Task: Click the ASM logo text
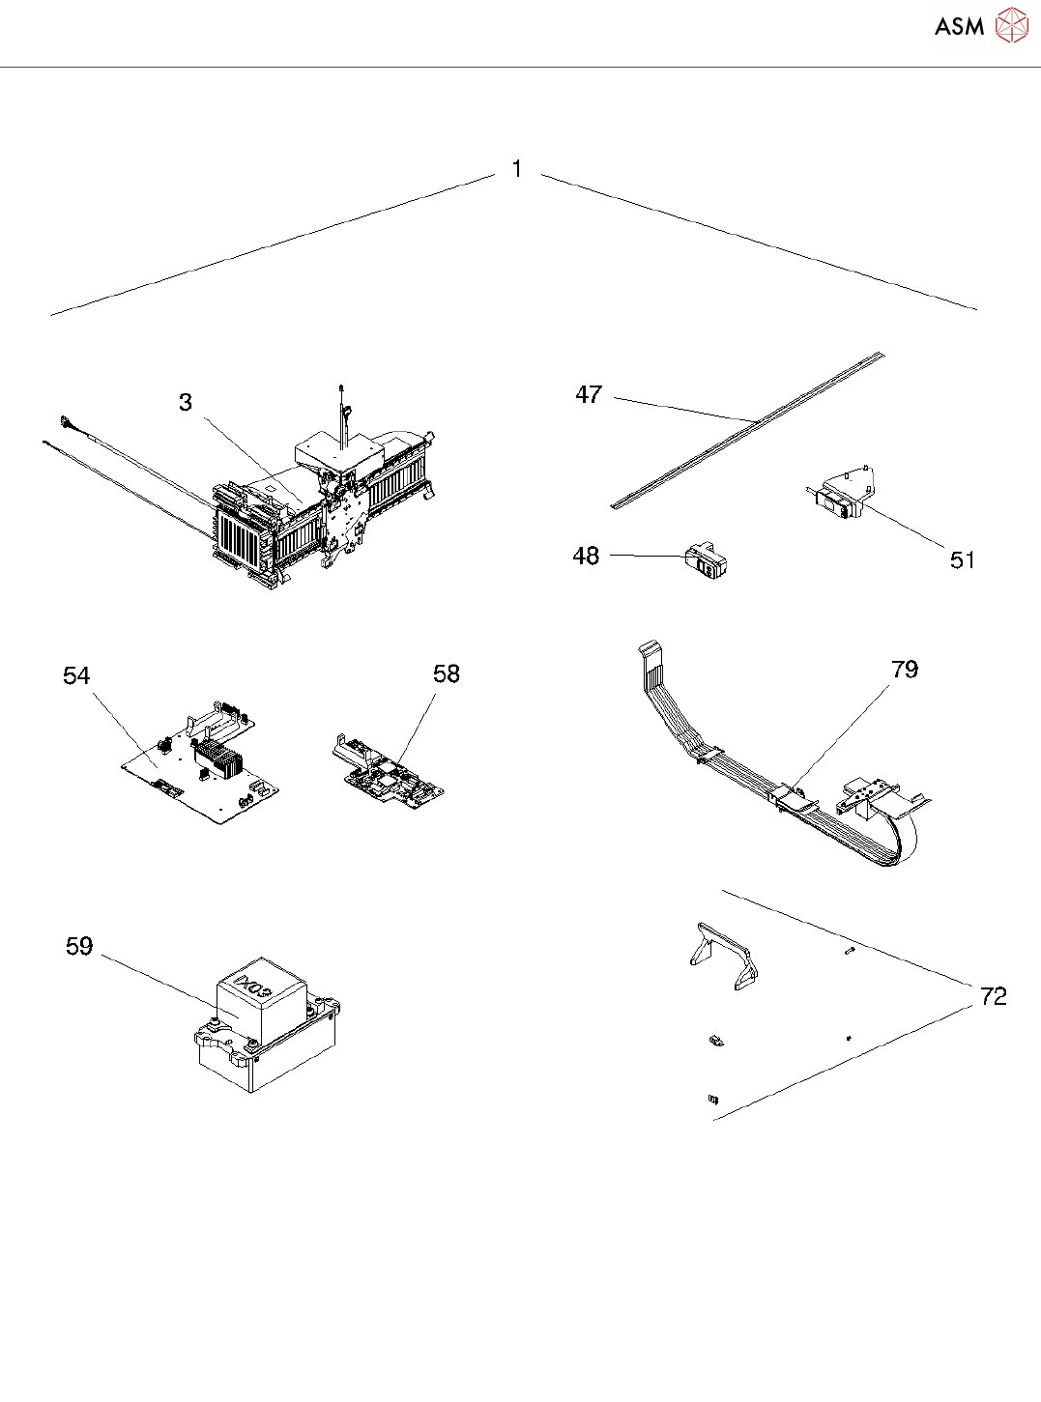tap(959, 27)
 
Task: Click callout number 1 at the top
tap(517, 169)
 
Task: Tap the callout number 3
tap(186, 403)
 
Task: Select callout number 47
tap(589, 395)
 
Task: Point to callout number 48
tap(586, 557)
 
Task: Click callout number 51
tap(962, 560)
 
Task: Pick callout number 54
tap(76, 676)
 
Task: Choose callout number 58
tap(447, 674)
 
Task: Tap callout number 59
tap(79, 947)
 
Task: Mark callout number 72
tap(993, 996)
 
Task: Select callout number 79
tap(905, 670)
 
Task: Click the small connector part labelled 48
tap(707, 561)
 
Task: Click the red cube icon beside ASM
tap(1012, 26)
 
